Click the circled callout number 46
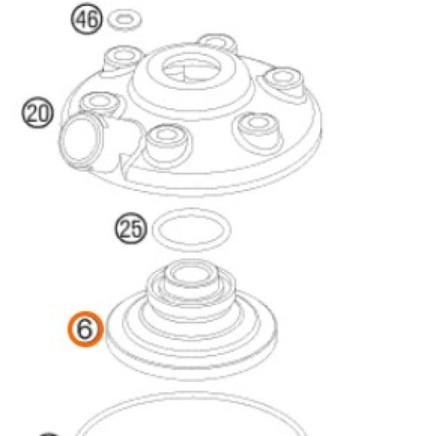coord(86,19)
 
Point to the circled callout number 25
coord(131,228)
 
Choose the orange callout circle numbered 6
coord(85,330)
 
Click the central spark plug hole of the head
coord(191,69)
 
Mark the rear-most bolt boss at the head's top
coord(217,43)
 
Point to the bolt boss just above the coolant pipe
coord(99,104)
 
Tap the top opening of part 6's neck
coord(191,273)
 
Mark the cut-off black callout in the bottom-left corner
coord(49,434)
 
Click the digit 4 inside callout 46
coord(81,19)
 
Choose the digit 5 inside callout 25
coord(137,228)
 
